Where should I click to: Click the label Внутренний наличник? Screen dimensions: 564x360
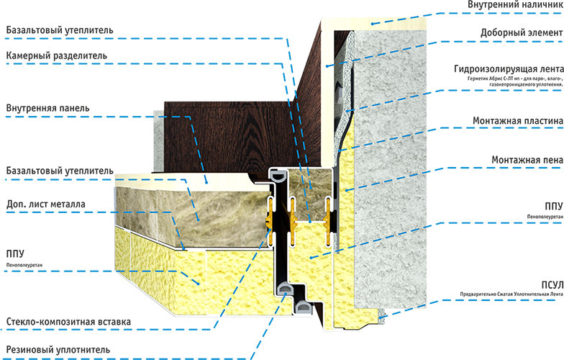click(x=515, y=4)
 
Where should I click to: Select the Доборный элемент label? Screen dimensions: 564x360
click(x=522, y=33)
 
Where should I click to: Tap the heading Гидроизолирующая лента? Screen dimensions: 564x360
click(x=509, y=69)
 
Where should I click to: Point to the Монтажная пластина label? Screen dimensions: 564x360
click(x=518, y=121)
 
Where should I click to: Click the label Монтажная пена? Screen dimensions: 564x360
click(x=527, y=160)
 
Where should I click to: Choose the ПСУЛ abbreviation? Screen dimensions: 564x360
click(x=552, y=285)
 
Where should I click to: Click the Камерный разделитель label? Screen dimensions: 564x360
click(x=56, y=56)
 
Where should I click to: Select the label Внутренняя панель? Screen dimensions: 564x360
click(x=47, y=108)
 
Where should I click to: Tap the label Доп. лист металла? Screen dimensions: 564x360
click(x=46, y=204)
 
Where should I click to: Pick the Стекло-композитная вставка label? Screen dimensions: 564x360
click(x=69, y=321)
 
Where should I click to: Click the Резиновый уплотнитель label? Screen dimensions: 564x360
click(x=58, y=349)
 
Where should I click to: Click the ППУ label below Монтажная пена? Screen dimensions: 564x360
click(x=554, y=206)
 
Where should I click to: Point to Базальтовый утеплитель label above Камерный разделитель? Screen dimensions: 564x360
click(x=60, y=30)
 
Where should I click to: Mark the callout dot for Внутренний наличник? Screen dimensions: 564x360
click(x=373, y=24)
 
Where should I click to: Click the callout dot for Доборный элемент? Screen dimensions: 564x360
click(x=327, y=66)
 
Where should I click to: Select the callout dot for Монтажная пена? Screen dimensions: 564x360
click(x=347, y=190)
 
